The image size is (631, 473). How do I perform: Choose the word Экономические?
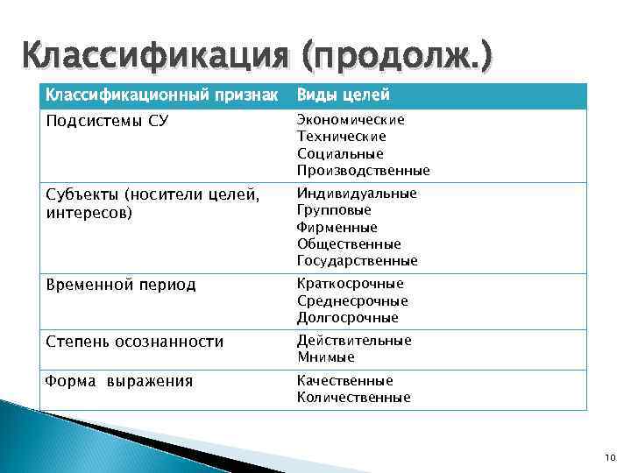351,120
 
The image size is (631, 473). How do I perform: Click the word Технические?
342,137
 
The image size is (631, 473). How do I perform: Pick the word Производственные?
363,170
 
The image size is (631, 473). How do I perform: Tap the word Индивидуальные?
357,194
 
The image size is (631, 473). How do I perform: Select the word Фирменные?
337,227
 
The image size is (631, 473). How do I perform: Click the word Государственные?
357,260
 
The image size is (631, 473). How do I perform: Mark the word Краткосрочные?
350,284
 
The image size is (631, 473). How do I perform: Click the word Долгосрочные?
347,317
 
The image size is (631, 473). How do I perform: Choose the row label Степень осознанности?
134,342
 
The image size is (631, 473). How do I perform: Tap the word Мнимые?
325,357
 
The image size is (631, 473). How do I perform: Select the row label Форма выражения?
119,381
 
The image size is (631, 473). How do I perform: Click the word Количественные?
353,397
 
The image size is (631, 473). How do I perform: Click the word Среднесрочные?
352,300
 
